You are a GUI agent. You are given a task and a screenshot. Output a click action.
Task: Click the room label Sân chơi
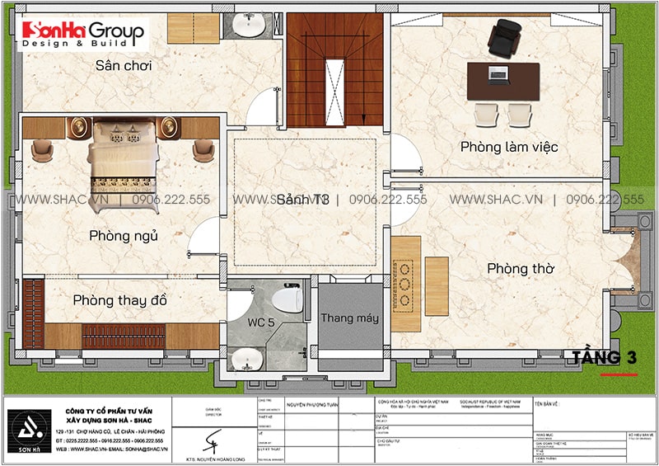click(124, 65)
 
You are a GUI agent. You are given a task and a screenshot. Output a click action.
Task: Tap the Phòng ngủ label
click(124, 236)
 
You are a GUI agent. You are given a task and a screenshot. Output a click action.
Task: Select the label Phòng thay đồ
click(119, 300)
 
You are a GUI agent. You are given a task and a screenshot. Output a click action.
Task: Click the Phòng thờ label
click(520, 269)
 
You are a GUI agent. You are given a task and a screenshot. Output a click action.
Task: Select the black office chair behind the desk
click(501, 38)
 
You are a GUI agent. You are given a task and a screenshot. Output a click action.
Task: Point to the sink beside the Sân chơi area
click(246, 26)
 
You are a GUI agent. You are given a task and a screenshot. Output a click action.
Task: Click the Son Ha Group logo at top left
click(82, 34)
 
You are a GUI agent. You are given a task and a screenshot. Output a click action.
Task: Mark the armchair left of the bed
click(43, 150)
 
